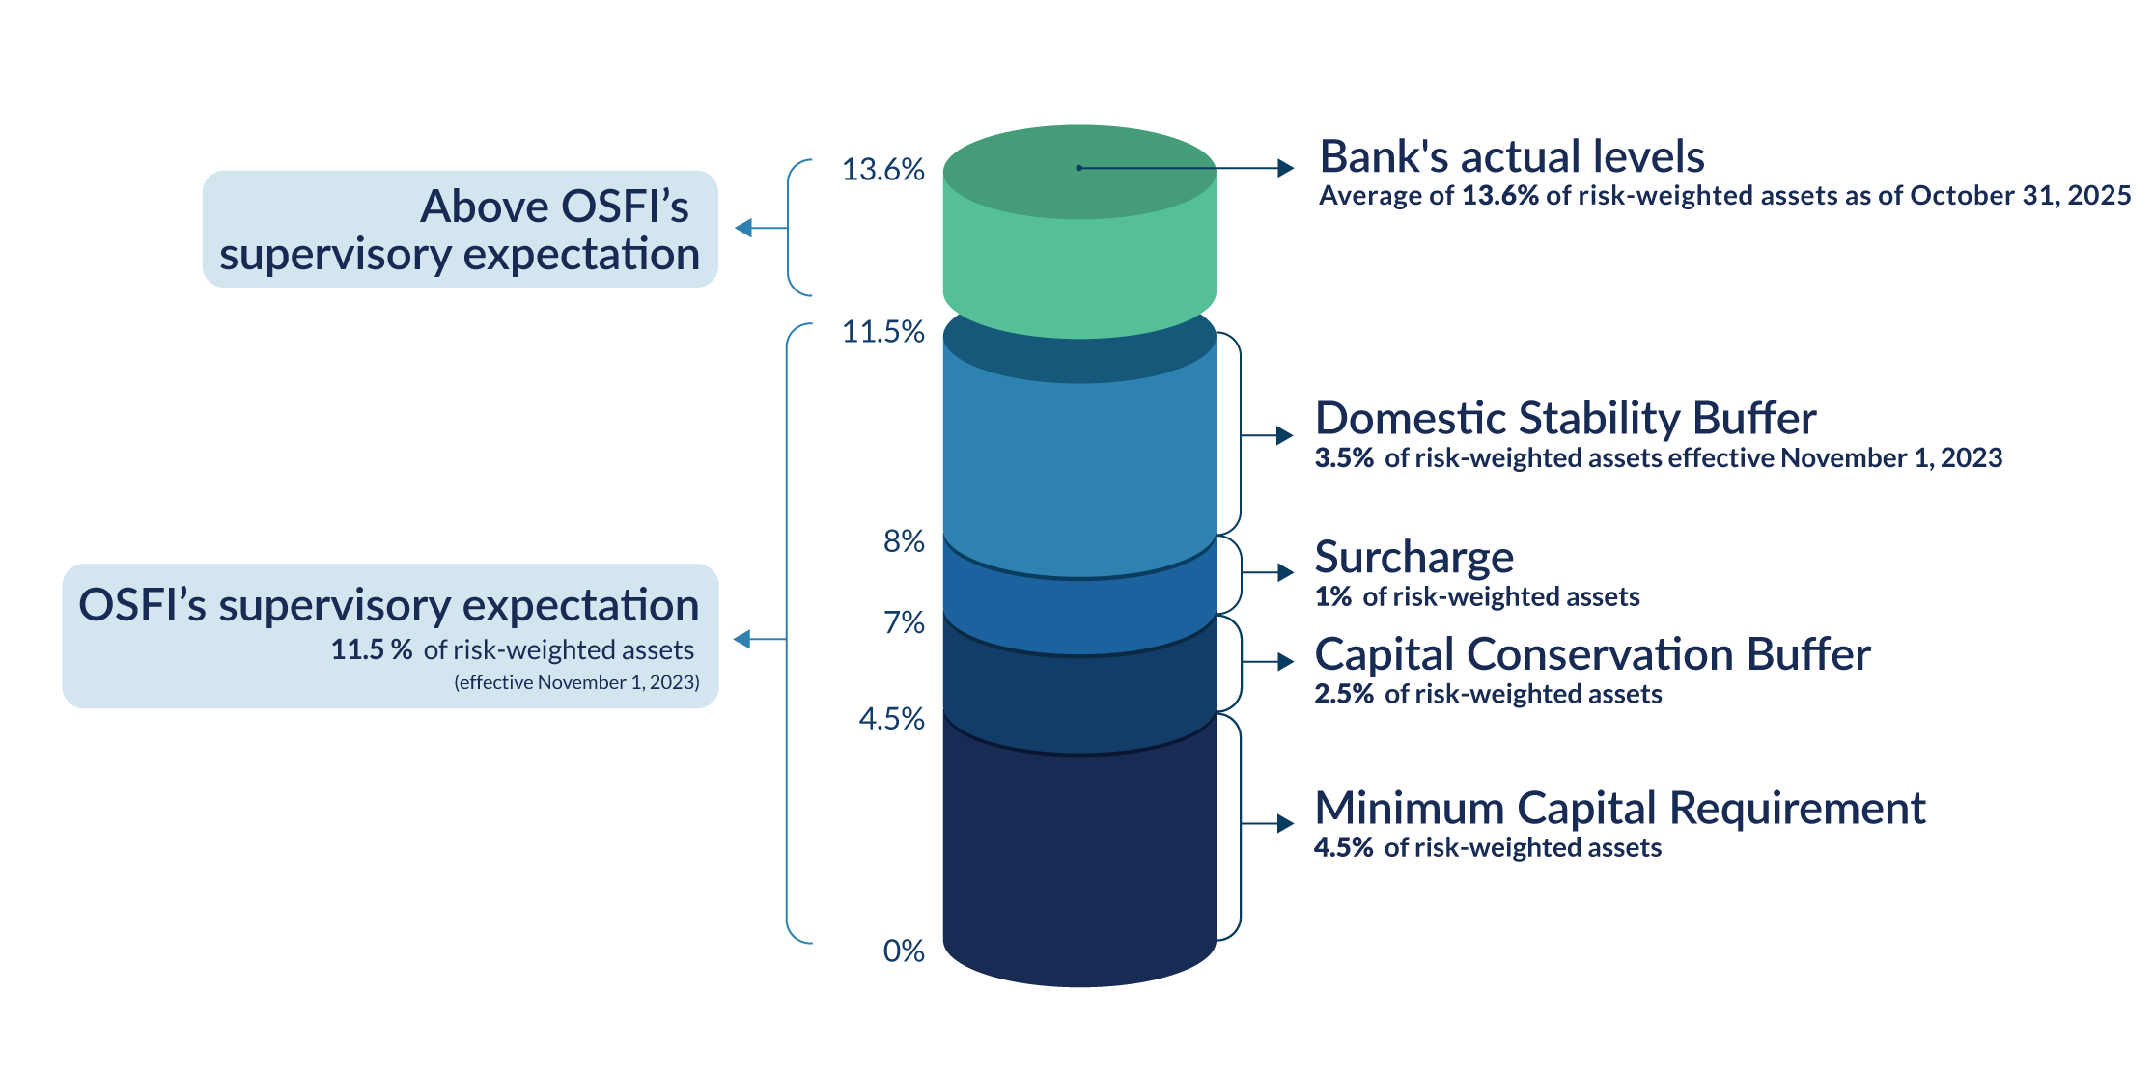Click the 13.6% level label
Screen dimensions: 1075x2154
(882, 170)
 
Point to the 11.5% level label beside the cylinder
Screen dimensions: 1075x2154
(882, 332)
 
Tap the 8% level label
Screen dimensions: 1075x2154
(904, 541)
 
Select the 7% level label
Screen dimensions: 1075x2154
(904, 623)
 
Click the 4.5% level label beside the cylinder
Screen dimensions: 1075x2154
(891, 719)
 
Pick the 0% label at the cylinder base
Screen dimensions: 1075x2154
(904, 951)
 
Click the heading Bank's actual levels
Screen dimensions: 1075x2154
(1511, 156)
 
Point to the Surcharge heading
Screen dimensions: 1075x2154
(1413, 557)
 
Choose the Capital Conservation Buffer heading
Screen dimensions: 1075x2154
(1592, 654)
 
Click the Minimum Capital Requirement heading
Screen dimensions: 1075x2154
(1619, 808)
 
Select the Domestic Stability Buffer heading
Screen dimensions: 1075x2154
(1565, 418)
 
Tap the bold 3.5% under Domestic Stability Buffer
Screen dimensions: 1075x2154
(1343, 457)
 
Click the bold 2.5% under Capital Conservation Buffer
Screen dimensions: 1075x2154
(1343, 694)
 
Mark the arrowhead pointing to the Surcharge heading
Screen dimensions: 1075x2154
(1285, 572)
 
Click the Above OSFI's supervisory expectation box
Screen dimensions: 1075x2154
(460, 230)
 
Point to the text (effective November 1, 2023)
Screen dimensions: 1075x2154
(576, 682)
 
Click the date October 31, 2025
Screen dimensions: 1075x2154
(2020, 195)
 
